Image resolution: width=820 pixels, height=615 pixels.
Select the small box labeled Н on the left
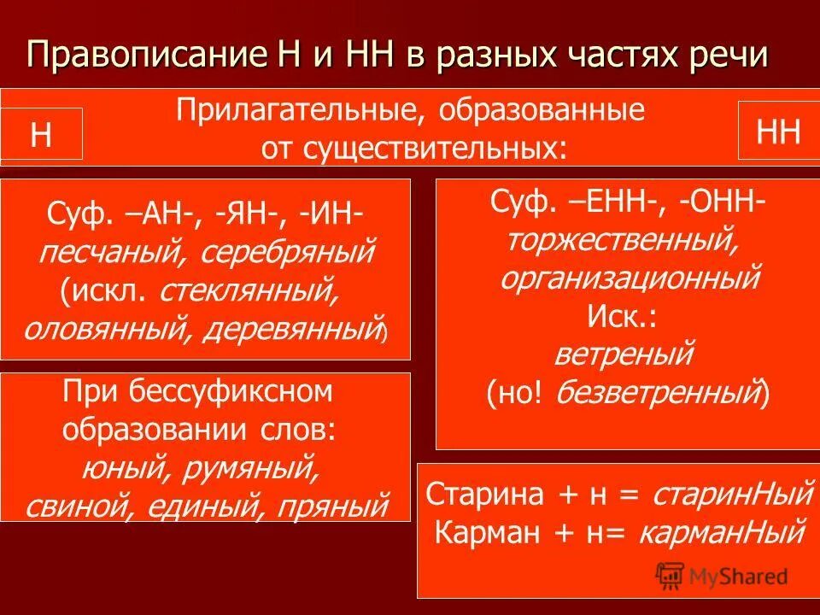(41, 135)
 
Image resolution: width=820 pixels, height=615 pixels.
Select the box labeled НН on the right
(778, 132)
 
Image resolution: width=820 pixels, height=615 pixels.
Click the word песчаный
(106, 254)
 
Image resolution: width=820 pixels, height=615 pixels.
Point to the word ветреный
(624, 353)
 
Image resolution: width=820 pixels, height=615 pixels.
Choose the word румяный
(255, 468)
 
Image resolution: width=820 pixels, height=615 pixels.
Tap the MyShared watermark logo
(722, 577)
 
